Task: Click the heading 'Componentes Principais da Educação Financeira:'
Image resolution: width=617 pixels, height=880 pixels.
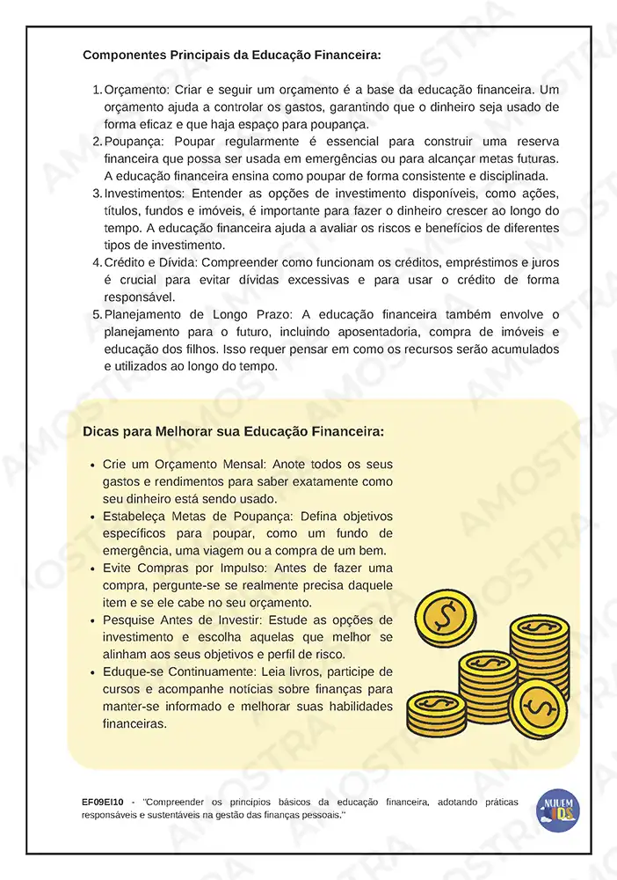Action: pyautogui.click(x=232, y=55)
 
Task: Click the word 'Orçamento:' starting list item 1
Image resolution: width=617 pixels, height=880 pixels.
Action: pyautogui.click(x=136, y=90)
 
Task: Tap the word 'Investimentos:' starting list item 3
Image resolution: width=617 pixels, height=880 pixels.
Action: pyautogui.click(x=145, y=193)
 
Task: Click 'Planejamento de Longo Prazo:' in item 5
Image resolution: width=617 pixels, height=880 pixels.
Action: pyautogui.click(x=200, y=314)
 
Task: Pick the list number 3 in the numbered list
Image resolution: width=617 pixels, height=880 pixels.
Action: pyautogui.click(x=97, y=193)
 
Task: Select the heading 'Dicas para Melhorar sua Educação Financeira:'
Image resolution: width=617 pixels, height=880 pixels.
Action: pyautogui.click(x=233, y=432)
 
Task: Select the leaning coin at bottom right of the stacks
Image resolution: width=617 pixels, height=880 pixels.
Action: pyautogui.click(x=539, y=708)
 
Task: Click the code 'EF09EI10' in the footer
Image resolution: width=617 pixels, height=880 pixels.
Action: pyautogui.click(x=105, y=803)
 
